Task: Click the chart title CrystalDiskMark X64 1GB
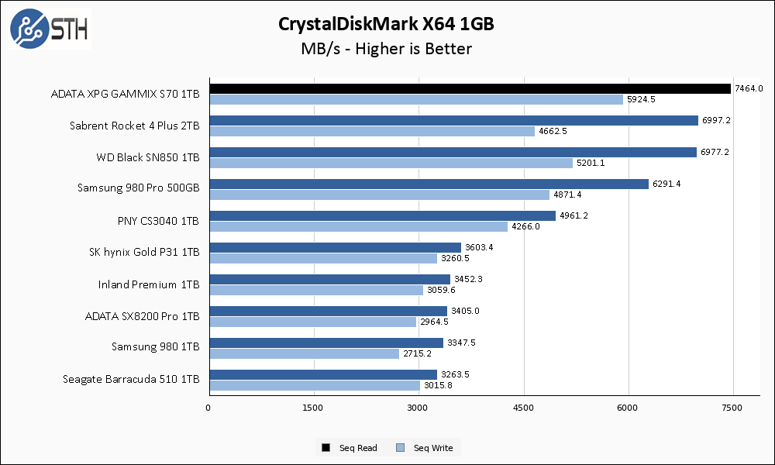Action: pos(386,24)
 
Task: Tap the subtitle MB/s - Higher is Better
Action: pos(386,49)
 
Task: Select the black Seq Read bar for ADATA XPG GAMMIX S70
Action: pos(469,88)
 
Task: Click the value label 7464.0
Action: pos(749,88)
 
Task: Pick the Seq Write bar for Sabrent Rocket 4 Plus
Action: pos(371,131)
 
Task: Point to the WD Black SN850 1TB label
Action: pos(148,157)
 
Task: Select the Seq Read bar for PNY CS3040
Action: pos(382,215)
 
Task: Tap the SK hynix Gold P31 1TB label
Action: pos(145,252)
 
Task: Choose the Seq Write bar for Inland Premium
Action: pos(315,290)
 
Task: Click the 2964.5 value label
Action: pos(434,322)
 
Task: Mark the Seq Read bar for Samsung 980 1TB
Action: pos(325,343)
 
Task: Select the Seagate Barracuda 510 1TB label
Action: pos(131,379)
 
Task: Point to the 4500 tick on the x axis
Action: pos(524,407)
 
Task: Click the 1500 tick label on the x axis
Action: pos(313,407)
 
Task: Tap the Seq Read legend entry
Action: pos(350,448)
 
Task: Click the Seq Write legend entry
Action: pos(425,448)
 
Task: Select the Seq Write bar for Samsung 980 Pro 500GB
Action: pos(379,195)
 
